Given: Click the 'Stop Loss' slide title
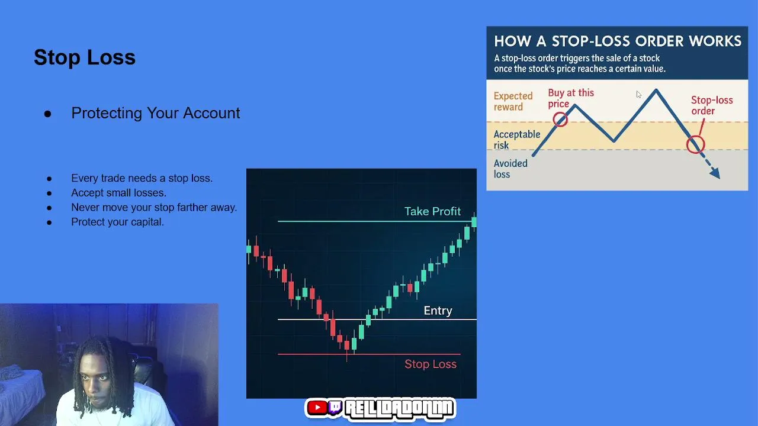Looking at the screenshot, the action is pos(85,57).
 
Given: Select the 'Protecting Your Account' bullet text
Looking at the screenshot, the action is pos(156,113).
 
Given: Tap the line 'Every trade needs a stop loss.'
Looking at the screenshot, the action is pos(142,178).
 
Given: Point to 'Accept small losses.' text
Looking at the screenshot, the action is pos(118,193).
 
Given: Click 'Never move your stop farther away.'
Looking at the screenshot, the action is pos(154,207).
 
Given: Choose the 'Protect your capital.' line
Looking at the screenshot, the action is pos(117,222).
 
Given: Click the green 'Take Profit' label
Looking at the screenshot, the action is pos(432,211).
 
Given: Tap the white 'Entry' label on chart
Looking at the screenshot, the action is pos(438,311).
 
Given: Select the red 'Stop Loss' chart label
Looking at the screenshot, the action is pos(431,364).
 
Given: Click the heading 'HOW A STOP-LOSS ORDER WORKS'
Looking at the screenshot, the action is pos(618,41).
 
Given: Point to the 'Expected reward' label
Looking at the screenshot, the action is pos(513,101).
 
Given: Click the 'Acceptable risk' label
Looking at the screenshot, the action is pos(517,140).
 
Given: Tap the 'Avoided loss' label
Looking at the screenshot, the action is pos(510,169).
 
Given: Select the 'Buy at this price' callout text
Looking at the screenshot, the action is pos(571,98).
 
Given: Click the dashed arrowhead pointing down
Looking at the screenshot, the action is pos(715,173).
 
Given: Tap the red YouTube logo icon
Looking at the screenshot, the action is pos(317,408).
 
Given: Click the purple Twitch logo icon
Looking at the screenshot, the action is pos(335,408).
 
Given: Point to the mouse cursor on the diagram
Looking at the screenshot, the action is pos(638,95).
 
